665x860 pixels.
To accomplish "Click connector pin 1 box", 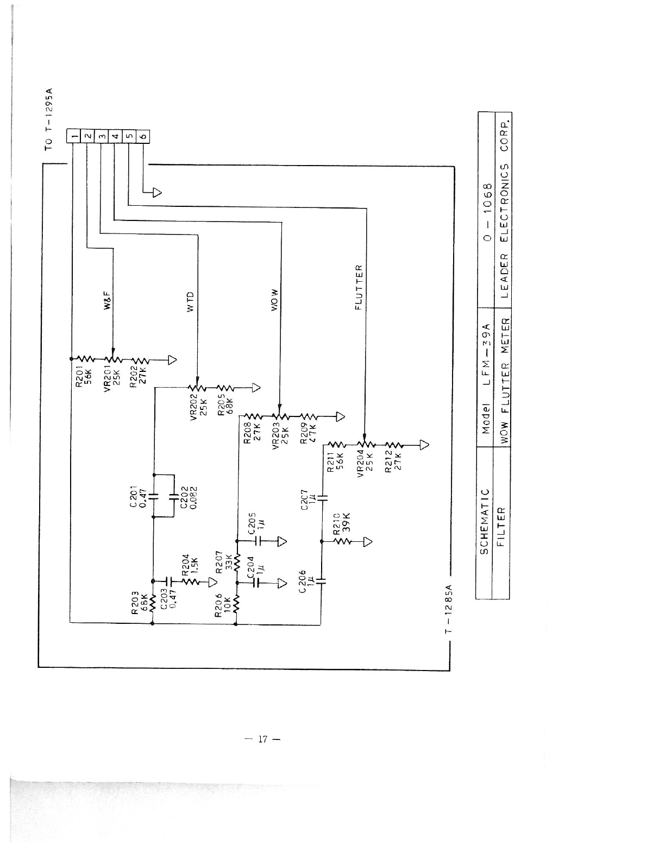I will [x=73, y=135].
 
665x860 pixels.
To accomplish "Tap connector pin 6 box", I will [x=143, y=135].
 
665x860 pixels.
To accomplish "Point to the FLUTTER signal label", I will [x=359, y=287].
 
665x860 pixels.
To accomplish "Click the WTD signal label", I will [x=190, y=301].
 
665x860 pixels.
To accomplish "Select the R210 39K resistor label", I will [x=342, y=524].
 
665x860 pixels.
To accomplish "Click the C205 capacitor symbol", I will [x=259, y=541].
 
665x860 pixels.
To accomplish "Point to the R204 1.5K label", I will [x=189, y=566].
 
